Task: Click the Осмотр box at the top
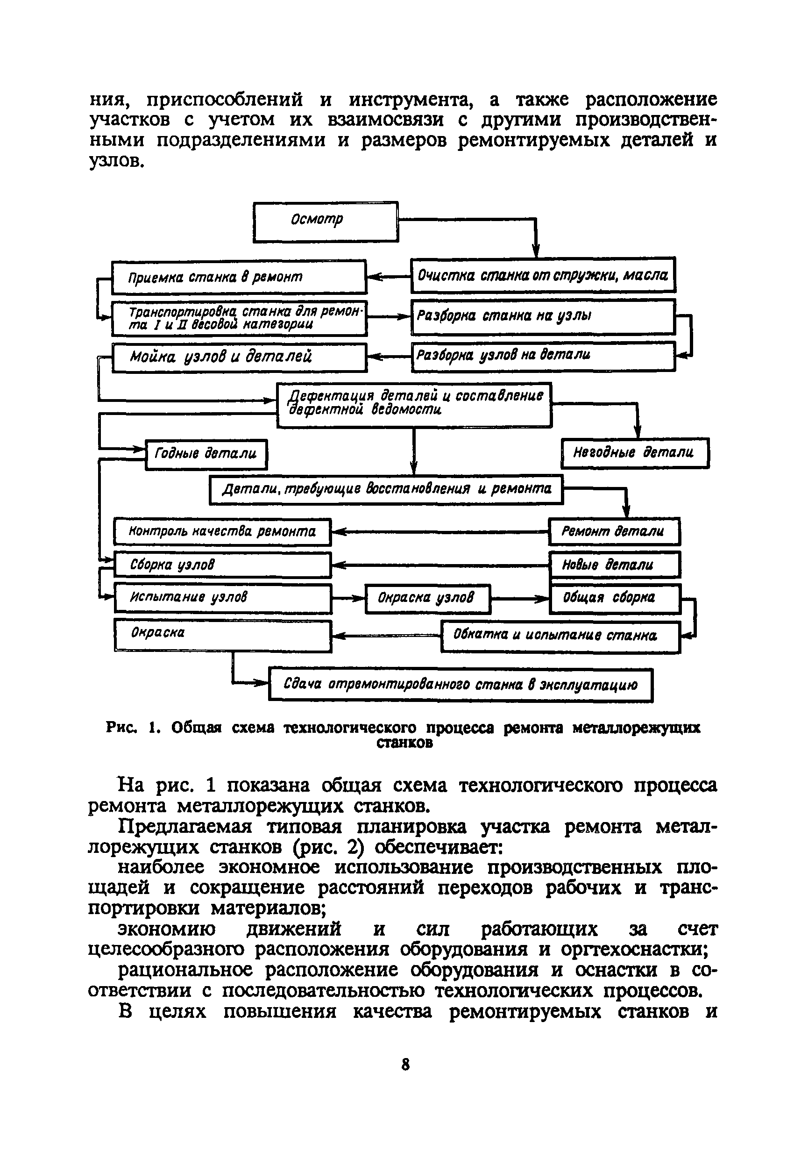tap(326, 222)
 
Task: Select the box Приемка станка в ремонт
tap(239, 277)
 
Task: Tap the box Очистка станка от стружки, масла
tap(543, 275)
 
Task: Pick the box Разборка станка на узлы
tap(543, 316)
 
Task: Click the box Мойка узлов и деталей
tap(239, 357)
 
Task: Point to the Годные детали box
tap(206, 454)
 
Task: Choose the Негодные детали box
tap(635, 453)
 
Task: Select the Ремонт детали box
tap(614, 531)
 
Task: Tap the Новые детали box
tap(614, 565)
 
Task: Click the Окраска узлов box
tap(428, 598)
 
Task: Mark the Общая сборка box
tap(614, 598)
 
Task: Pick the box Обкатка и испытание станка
tap(560, 636)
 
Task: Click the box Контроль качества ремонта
tap(222, 532)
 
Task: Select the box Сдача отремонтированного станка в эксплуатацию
tap(461, 685)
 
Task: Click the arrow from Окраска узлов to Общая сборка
tap(520, 599)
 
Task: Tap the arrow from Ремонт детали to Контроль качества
tap(440, 532)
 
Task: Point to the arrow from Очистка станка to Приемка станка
tap(389, 277)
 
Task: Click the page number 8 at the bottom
tap(405, 1065)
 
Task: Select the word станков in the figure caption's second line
tap(404, 744)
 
